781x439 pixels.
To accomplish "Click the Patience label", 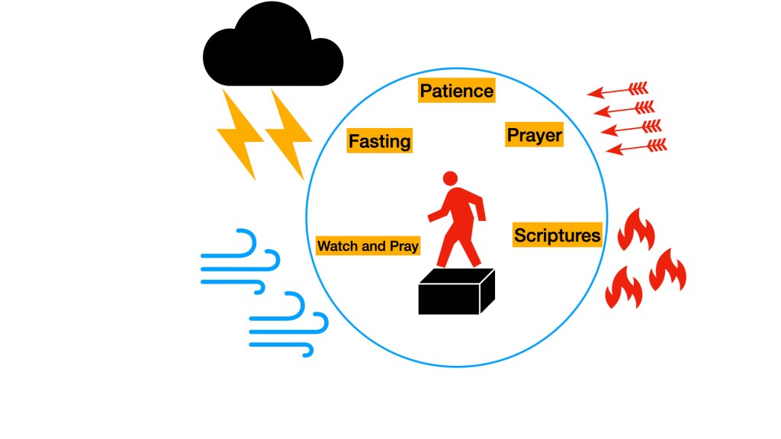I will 457,91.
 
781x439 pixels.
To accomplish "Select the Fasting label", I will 379,141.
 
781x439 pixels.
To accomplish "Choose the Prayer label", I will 534,136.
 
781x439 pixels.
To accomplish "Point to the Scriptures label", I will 557,235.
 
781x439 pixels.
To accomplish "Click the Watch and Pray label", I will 368,246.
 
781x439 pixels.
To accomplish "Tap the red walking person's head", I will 450,178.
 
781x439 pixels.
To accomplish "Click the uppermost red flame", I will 635,229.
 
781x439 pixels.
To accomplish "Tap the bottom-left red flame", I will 623,287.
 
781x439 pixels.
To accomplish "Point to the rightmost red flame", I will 668,270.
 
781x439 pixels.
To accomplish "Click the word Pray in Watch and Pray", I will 403,247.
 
